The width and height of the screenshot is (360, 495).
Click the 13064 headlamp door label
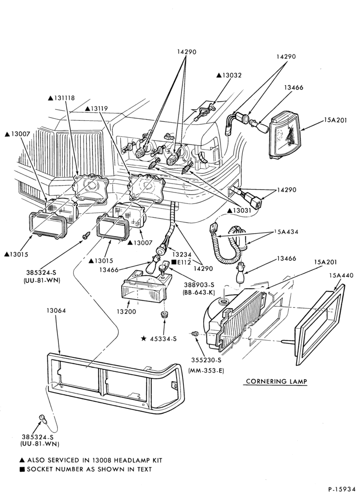(x=55, y=311)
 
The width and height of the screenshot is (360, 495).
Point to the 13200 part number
(x=126, y=312)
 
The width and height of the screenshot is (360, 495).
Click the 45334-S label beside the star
(x=163, y=339)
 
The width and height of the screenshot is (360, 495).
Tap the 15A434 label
(x=286, y=232)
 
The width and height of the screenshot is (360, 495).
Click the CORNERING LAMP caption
(x=276, y=381)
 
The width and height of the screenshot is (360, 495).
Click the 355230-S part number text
(x=206, y=360)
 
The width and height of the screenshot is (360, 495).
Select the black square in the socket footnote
(x=22, y=470)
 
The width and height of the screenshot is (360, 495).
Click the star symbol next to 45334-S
(x=143, y=339)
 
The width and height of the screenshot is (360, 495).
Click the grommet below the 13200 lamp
(x=164, y=314)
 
